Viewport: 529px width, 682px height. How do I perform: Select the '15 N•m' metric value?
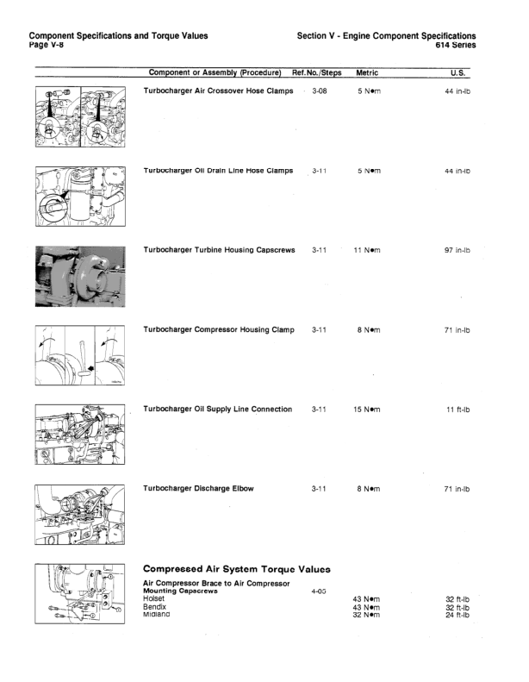tap(367, 409)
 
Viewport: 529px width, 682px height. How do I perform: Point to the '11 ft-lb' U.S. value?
tap(457, 409)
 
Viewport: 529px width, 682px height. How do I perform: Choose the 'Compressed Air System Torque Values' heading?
tap(237, 568)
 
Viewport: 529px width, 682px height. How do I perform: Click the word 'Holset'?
tap(154, 598)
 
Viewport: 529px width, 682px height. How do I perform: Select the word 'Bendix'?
tap(155, 606)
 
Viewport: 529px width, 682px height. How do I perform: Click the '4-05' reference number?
tap(318, 591)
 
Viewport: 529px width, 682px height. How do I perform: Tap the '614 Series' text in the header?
tap(453, 45)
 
